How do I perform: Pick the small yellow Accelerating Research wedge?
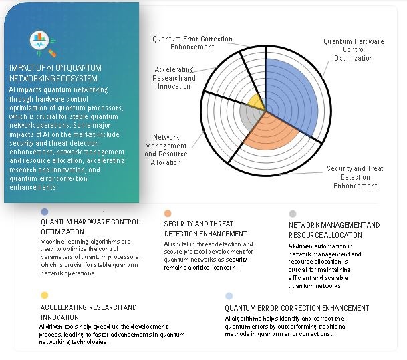[255, 103]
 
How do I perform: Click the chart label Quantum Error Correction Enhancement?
[182, 43]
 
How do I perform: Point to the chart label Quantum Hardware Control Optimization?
[354, 50]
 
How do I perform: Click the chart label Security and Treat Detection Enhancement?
[356, 177]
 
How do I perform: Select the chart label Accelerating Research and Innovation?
[174, 77]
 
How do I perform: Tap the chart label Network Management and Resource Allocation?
[166, 150]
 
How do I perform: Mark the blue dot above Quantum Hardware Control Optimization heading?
[45, 212]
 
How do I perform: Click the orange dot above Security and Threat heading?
[168, 214]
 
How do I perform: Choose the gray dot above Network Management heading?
[293, 214]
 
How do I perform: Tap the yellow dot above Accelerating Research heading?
[45, 295]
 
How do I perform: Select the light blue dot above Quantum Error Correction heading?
[229, 295]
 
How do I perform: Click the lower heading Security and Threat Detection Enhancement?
[205, 229]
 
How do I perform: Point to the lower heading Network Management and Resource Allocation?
[334, 230]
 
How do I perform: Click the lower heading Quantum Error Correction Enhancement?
[297, 308]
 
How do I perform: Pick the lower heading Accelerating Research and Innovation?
[88, 312]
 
